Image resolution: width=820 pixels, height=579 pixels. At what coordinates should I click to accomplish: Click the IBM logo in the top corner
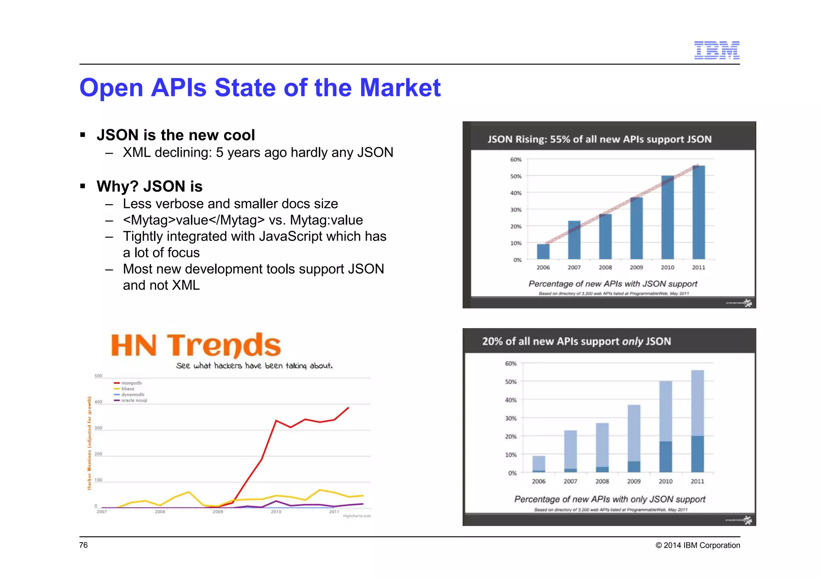[x=716, y=50]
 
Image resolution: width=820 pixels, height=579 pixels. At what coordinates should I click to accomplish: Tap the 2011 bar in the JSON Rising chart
[x=698, y=212]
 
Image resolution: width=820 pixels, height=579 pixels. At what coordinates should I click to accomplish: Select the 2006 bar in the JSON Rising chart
[x=543, y=251]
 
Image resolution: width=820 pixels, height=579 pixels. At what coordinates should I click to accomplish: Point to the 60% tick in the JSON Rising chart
[x=516, y=160]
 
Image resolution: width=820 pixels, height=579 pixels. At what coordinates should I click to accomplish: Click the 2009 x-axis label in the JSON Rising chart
[x=636, y=267]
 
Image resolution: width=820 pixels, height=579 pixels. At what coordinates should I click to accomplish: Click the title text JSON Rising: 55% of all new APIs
[x=599, y=139]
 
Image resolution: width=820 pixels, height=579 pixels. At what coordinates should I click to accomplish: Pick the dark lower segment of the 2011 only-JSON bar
[x=697, y=454]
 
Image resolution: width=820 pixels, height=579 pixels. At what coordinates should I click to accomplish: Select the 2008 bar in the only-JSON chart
[x=602, y=447]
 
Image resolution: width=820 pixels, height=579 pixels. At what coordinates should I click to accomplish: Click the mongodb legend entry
[x=131, y=383]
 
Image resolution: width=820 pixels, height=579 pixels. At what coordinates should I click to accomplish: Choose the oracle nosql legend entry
[x=134, y=400]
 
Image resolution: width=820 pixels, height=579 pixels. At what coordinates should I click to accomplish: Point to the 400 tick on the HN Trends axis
[x=98, y=402]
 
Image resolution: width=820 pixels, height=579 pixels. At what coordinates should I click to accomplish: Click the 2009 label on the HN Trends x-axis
[x=218, y=512]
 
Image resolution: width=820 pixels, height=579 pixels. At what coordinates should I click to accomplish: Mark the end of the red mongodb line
[x=348, y=408]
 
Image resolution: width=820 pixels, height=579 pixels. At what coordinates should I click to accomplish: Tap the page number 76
[x=83, y=545]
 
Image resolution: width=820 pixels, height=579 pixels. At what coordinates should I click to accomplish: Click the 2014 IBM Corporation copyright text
[x=697, y=545]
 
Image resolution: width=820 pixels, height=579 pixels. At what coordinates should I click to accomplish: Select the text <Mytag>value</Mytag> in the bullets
[x=194, y=220]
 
